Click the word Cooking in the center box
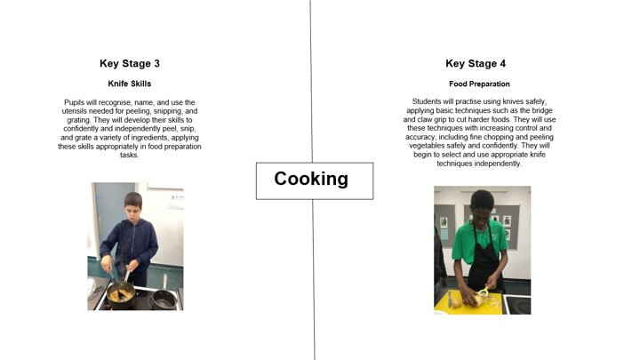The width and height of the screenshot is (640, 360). coord(311,179)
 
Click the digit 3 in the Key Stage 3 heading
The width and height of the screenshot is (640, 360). coord(156,64)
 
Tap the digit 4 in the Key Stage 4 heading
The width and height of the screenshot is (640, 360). coord(502,64)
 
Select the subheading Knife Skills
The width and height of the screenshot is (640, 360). coord(130,84)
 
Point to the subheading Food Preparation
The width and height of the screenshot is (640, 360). coord(479,84)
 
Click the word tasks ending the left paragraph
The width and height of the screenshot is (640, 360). coord(130,155)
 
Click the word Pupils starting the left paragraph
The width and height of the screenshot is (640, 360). coord(75,102)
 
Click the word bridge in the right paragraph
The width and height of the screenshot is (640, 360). coord(541,110)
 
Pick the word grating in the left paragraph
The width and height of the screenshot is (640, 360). coord(78,120)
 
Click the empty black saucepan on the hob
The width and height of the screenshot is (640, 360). coord(164,298)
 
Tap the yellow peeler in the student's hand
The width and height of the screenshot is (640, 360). coord(484,291)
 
